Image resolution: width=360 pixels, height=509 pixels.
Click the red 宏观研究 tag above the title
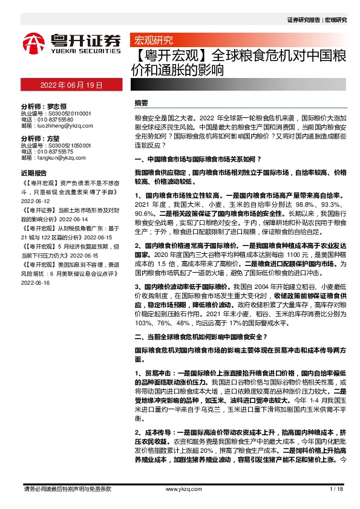coord(153,41)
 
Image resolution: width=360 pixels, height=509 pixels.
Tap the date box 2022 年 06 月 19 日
coord(71,85)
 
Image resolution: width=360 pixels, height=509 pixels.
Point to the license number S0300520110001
coord(65,113)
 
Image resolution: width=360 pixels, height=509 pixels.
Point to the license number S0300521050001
coord(65,145)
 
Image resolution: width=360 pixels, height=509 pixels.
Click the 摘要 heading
coord(141,103)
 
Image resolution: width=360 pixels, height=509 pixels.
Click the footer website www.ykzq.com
coord(180,488)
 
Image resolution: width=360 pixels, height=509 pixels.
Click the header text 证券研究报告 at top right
coord(304,20)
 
